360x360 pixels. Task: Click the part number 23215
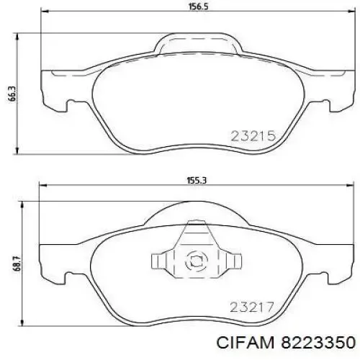tap(253, 135)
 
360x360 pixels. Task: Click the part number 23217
tap(253, 307)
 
